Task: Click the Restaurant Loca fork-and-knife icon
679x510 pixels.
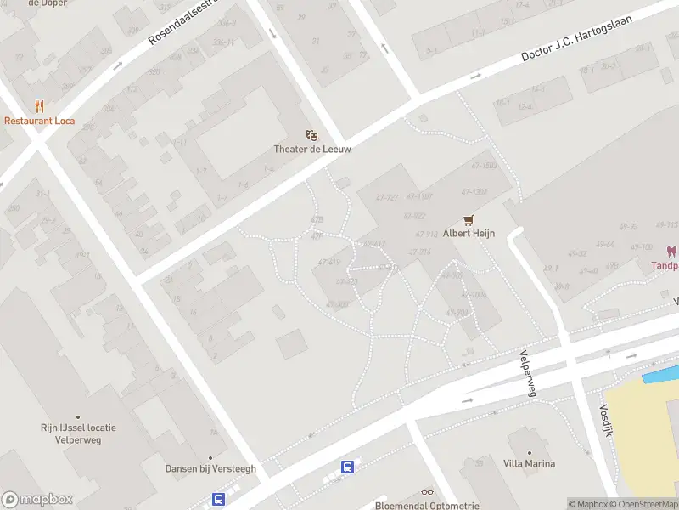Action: click(x=39, y=106)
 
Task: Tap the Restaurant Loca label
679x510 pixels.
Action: click(x=39, y=121)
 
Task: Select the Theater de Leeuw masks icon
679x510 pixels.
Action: click(x=312, y=134)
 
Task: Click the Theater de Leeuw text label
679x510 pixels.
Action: click(x=312, y=149)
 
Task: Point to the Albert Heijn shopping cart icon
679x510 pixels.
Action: click(x=468, y=219)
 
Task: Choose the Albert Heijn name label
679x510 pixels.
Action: click(x=469, y=234)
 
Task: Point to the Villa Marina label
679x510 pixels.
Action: click(x=529, y=463)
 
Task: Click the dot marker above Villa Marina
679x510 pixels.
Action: click(x=529, y=452)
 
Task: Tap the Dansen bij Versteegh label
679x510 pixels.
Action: click(x=210, y=468)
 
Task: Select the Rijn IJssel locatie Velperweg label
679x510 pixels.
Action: click(x=78, y=433)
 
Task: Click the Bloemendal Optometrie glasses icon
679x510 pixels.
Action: click(x=427, y=493)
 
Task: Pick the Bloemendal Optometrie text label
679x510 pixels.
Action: click(x=427, y=505)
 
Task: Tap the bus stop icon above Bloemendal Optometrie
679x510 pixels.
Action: click(x=347, y=466)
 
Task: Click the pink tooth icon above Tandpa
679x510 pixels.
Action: click(x=671, y=252)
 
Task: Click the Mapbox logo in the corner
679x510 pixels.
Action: click(x=37, y=500)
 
